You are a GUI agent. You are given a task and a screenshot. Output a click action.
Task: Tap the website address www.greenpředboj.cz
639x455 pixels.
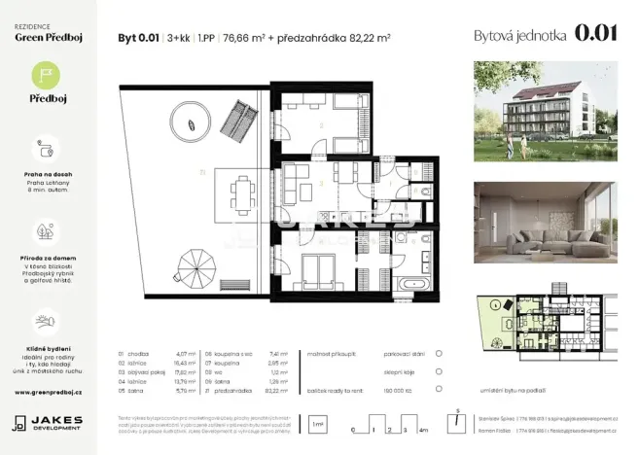(x=48, y=392)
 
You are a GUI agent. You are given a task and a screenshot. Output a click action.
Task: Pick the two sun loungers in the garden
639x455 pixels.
(x=236, y=121)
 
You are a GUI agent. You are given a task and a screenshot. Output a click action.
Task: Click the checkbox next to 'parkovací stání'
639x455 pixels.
(x=439, y=355)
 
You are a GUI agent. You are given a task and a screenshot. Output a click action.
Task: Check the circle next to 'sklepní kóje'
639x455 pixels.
(x=439, y=371)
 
